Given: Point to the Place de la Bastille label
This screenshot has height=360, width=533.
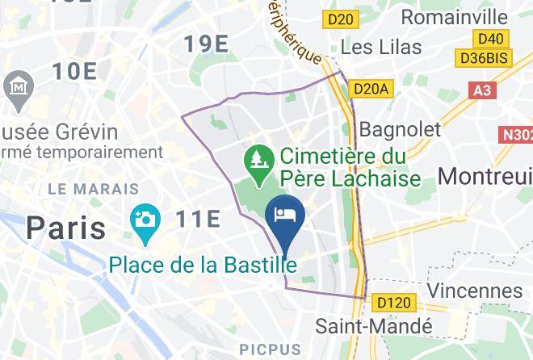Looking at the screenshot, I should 203,264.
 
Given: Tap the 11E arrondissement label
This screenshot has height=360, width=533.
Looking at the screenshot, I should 197,218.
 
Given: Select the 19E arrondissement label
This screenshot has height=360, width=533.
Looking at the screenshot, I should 205,44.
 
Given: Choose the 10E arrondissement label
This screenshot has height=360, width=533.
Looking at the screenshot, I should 74,71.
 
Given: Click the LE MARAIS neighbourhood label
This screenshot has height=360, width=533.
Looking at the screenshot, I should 94,189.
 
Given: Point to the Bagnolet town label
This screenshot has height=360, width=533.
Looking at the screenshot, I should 400,129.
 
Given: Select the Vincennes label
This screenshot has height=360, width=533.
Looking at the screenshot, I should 474,289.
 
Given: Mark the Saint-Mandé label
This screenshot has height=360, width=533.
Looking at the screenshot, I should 374,326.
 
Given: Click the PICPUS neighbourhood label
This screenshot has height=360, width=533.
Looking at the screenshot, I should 271,350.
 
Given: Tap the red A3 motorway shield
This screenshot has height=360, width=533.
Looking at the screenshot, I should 482,90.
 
